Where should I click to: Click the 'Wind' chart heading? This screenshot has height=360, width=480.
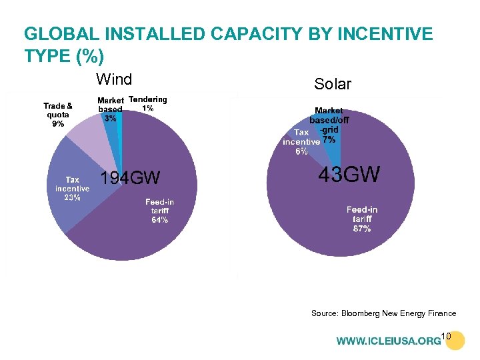click(x=114, y=80)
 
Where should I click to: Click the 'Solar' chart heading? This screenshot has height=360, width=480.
click(x=332, y=84)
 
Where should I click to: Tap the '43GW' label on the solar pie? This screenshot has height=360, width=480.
click(x=349, y=175)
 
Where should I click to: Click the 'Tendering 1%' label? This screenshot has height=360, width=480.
click(x=147, y=103)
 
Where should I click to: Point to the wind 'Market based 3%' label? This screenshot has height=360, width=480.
click(x=110, y=109)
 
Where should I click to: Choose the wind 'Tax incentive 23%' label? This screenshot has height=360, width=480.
click(x=72, y=189)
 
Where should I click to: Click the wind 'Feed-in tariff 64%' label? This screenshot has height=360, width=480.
click(x=160, y=211)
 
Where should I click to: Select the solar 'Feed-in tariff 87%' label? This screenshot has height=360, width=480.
click(x=362, y=219)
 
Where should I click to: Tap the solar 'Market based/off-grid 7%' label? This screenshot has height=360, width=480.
click(x=327, y=125)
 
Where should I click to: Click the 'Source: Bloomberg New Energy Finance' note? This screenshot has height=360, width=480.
click(x=383, y=313)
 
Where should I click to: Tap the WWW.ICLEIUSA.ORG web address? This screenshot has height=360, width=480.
click(x=388, y=341)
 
